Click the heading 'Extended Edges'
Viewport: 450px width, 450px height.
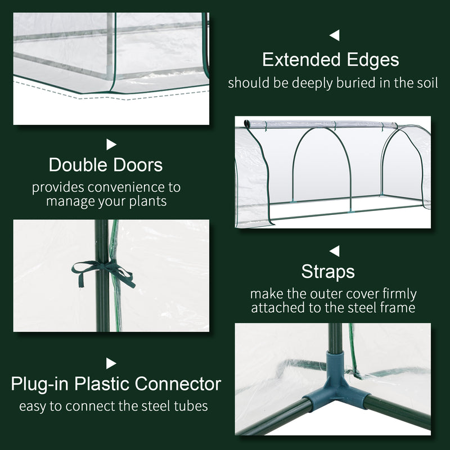[330, 60]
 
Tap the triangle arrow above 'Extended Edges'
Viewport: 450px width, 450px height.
[335, 36]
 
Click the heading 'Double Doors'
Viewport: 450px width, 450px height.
[106, 165]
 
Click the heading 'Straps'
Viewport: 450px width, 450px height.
[328, 272]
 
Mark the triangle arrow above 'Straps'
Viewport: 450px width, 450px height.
[335, 250]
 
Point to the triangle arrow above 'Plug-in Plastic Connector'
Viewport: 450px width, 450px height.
[111, 363]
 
